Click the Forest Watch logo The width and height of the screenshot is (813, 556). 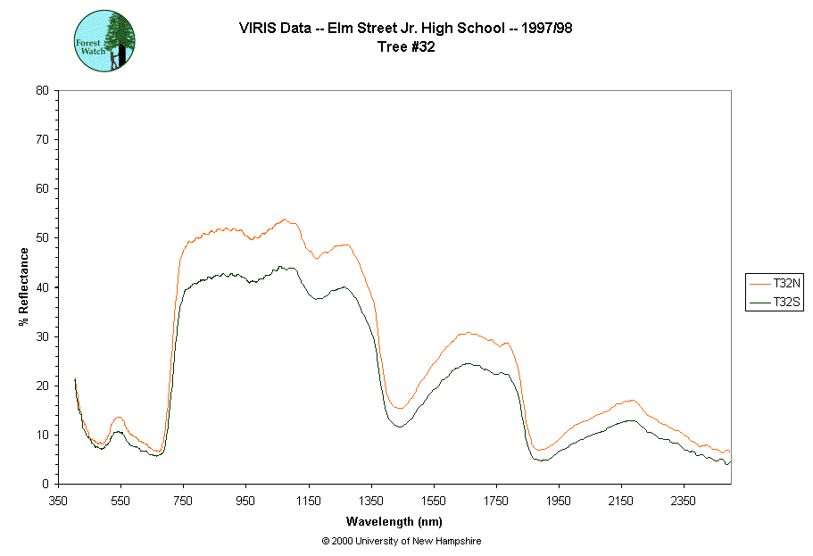tap(105, 41)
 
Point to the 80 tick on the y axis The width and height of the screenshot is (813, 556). tap(42, 90)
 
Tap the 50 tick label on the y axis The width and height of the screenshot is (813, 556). tap(42, 238)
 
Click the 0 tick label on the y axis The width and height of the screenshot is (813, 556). tap(45, 485)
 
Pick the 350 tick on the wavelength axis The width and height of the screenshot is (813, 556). tap(58, 501)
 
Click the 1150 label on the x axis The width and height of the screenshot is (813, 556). tap(309, 501)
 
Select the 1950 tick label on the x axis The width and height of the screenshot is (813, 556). tap(559, 501)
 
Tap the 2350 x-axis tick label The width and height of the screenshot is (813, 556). tap(684, 501)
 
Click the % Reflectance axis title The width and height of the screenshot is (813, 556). tap(23, 286)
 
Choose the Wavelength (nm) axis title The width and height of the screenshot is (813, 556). tap(394, 522)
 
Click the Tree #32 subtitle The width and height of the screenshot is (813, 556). tap(406, 47)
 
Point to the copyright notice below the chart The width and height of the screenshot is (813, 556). tap(402, 542)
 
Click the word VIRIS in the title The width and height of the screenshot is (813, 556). tap(256, 28)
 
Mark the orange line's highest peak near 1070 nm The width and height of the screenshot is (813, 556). tap(285, 220)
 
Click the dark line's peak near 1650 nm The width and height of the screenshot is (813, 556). tap(467, 363)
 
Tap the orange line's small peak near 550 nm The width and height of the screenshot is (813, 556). tap(119, 417)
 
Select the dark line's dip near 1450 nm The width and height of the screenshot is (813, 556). tap(399, 427)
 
